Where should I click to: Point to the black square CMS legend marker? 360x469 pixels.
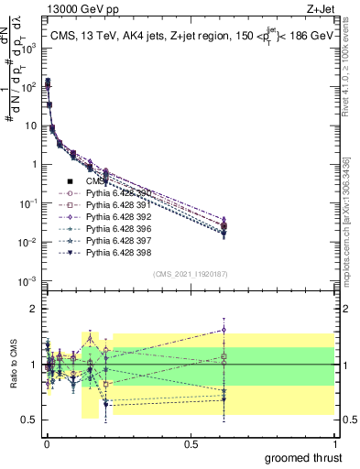(x=69, y=181)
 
